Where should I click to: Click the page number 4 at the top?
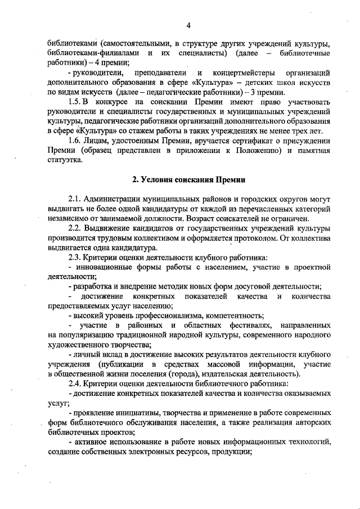click(189, 25)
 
